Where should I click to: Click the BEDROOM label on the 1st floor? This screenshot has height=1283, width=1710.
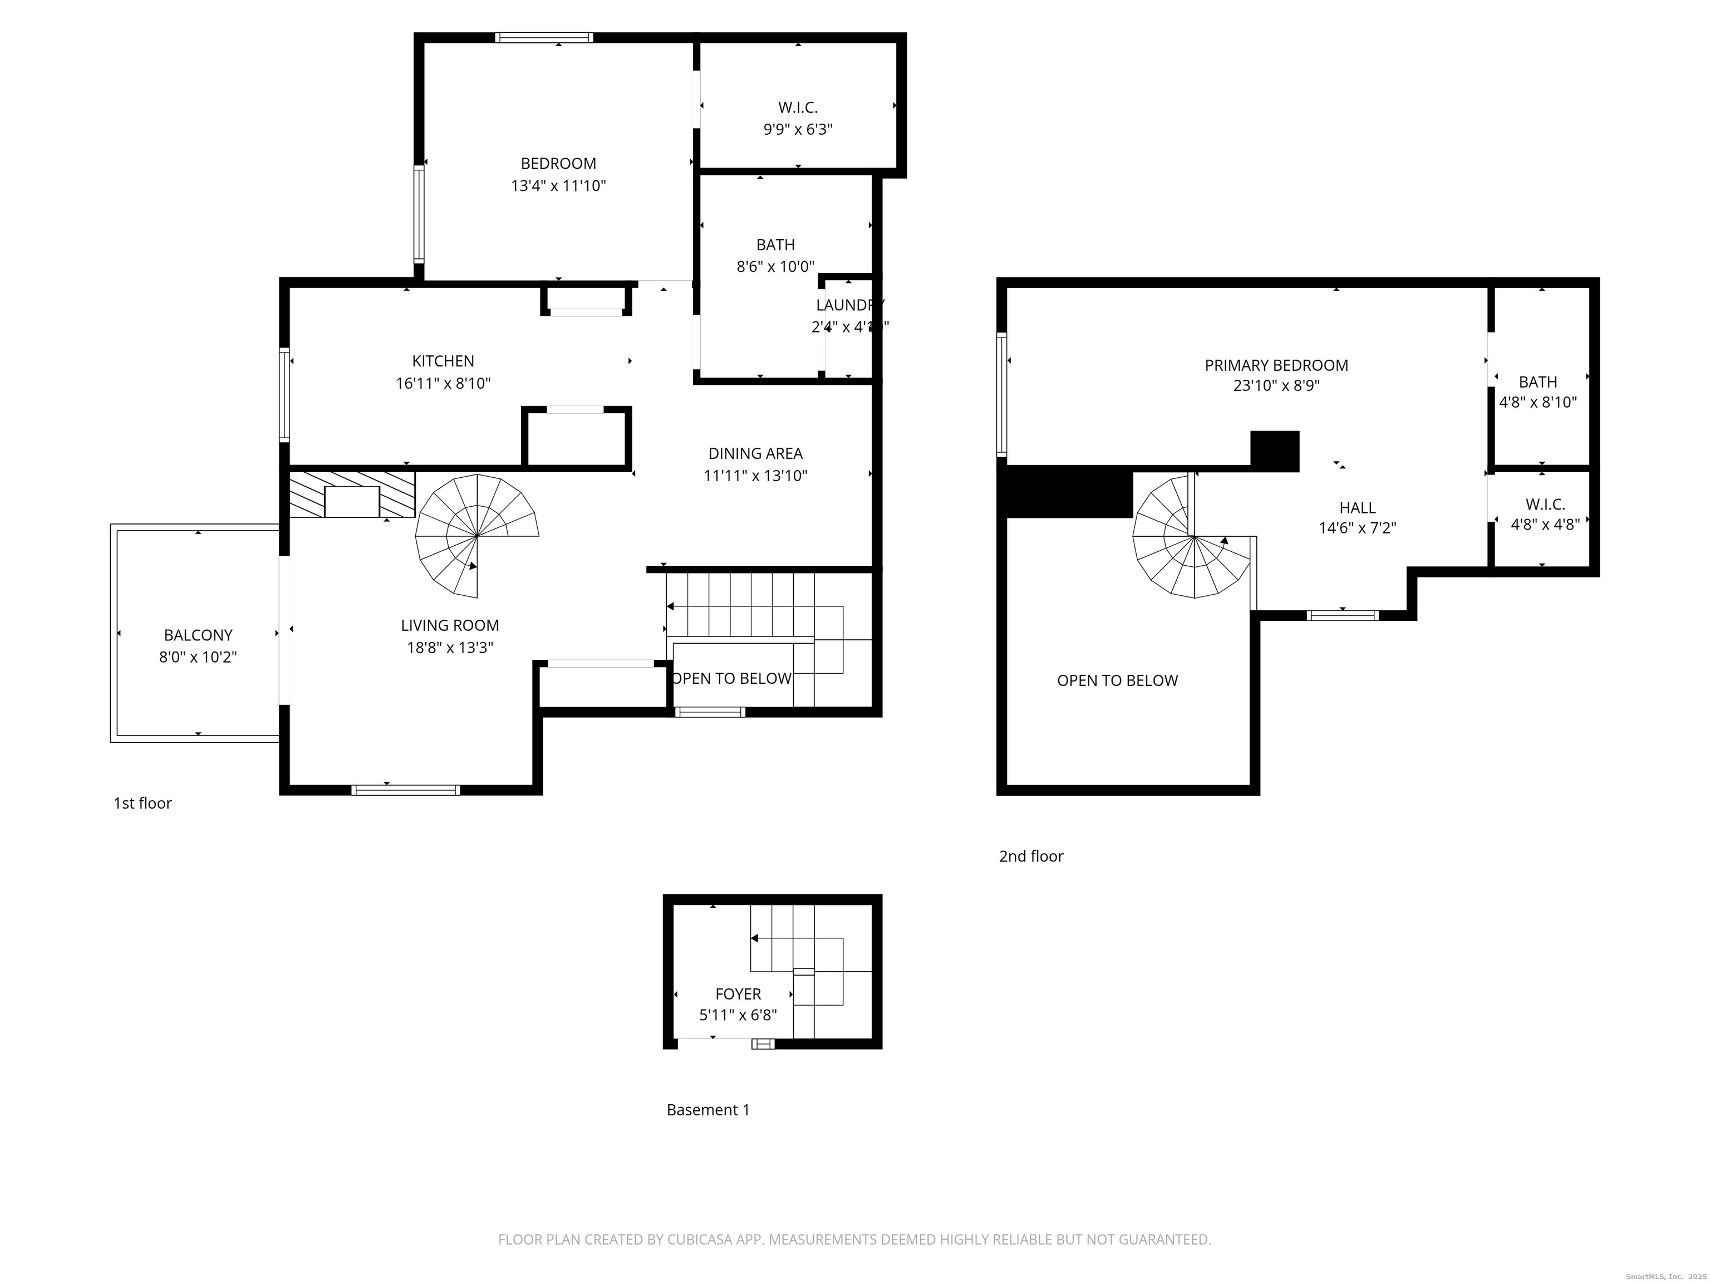pyautogui.click(x=558, y=164)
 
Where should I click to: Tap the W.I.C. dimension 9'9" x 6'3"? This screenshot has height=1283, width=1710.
pyautogui.click(x=798, y=130)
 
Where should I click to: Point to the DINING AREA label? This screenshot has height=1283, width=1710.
pyautogui.click(x=755, y=454)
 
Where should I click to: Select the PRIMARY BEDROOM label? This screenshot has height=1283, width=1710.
pyautogui.click(x=1276, y=366)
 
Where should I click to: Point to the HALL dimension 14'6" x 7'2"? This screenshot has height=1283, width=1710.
pyautogui.click(x=1358, y=529)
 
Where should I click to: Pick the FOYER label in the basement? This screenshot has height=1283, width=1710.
pyautogui.click(x=738, y=995)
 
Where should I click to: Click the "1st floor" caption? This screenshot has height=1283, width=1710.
pyautogui.click(x=142, y=804)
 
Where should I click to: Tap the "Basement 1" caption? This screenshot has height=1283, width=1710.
pyautogui.click(x=707, y=1110)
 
